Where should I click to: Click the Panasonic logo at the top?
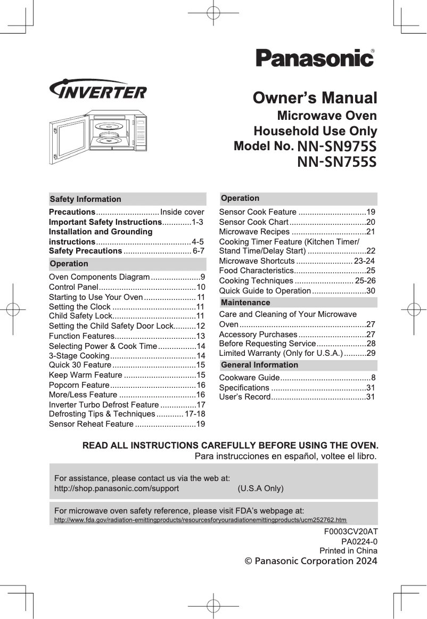315,58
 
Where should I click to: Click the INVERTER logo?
98,90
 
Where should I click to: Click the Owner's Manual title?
315,98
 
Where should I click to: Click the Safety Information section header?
86,199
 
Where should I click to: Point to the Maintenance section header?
245,303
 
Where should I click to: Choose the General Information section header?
259,365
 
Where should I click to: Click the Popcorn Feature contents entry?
79,385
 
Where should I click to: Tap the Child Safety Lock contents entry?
79,316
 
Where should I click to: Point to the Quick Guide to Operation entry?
265,290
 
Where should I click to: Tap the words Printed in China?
348,550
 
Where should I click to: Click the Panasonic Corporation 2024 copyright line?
310,561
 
